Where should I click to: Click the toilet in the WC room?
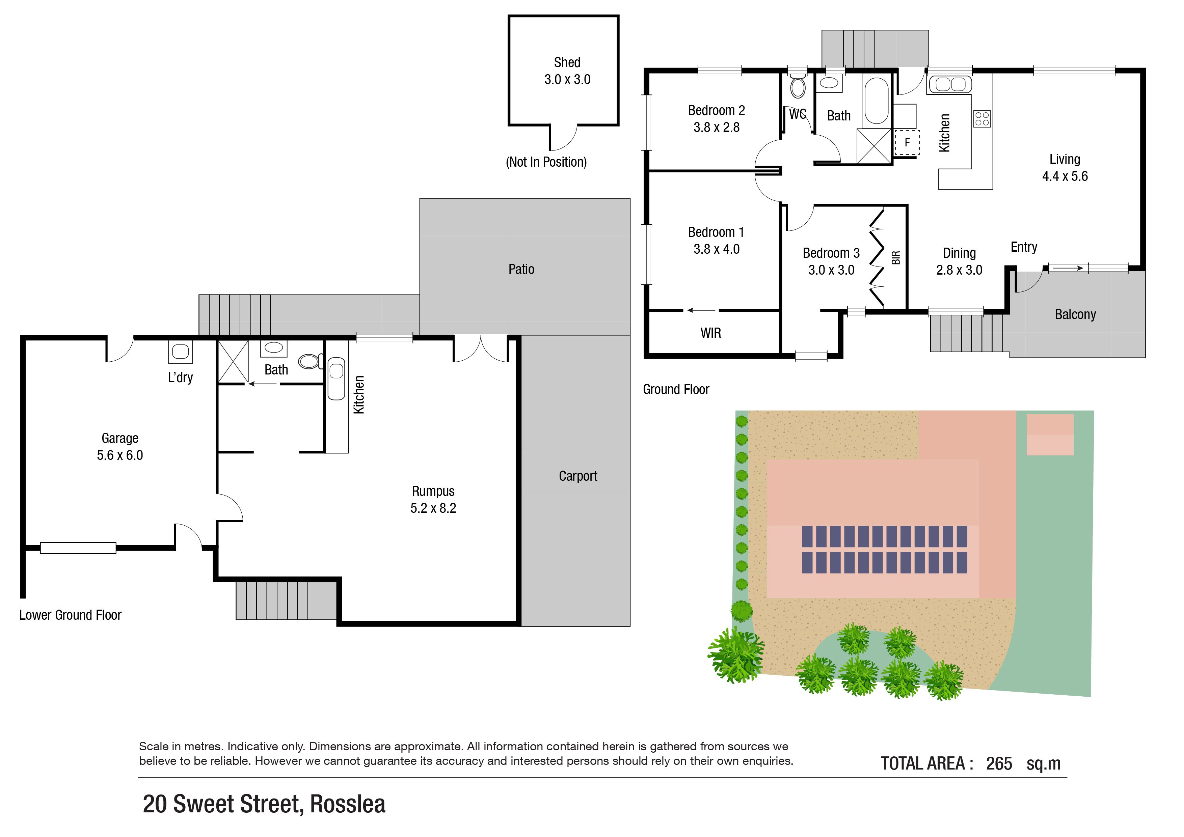click(798, 87)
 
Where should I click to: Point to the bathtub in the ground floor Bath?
click(876, 101)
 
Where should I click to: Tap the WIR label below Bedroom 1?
click(710, 333)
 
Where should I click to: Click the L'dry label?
click(181, 378)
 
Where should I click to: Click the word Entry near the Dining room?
click(1024, 247)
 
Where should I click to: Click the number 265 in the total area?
click(999, 763)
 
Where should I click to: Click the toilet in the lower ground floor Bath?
click(310, 361)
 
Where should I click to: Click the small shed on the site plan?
click(1050, 435)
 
